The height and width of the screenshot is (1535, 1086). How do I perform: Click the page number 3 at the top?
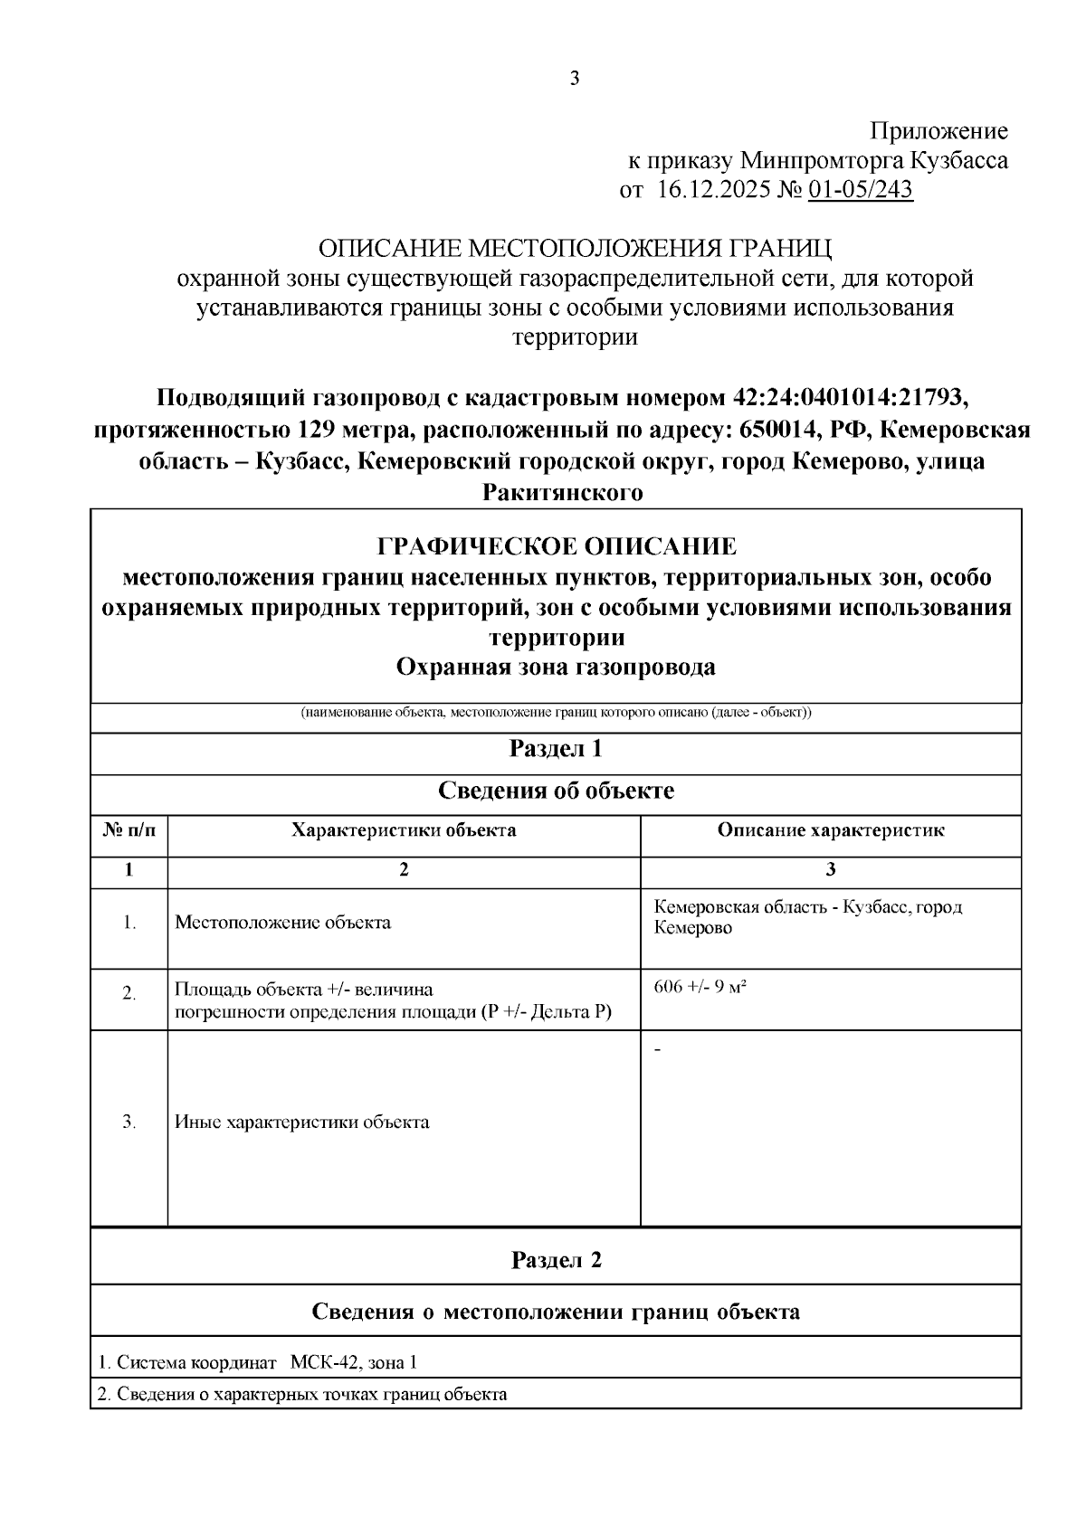[574, 79]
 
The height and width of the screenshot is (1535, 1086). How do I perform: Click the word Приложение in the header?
[938, 131]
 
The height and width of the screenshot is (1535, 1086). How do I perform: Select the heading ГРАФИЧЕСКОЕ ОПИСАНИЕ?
[556, 546]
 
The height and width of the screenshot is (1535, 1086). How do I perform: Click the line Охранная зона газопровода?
[556, 667]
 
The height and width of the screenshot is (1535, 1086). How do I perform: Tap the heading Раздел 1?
[556, 749]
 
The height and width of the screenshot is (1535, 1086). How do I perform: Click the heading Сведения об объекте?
[556, 791]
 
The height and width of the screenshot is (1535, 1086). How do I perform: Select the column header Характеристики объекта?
[404, 829]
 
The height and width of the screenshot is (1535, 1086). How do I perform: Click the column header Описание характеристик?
[830, 829]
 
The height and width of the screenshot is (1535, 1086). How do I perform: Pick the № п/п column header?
[129, 829]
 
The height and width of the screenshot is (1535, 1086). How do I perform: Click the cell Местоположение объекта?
[282, 923]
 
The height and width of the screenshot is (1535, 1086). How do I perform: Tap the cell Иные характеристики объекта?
[301, 1123]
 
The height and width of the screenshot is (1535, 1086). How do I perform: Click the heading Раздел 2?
[556, 1260]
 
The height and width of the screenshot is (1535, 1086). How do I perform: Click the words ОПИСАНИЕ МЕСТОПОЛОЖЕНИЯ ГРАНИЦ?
[574, 249]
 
